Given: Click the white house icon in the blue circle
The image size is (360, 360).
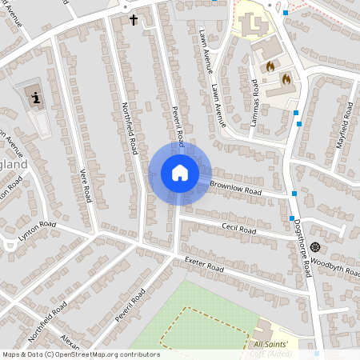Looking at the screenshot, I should point(180,173).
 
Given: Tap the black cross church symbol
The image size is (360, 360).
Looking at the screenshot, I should point(134,18).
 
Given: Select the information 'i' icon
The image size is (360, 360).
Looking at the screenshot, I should point(36,99).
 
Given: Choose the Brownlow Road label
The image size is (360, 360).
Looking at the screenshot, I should point(236,189).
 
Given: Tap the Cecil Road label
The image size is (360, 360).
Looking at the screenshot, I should point(238,230).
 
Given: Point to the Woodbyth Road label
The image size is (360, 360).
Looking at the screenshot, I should point(340,266).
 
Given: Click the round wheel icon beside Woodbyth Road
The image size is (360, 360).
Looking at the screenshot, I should point(316,246).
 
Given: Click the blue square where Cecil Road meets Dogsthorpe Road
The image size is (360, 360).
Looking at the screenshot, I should point(290,218).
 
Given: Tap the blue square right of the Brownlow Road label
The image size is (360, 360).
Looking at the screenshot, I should point(295,194).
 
